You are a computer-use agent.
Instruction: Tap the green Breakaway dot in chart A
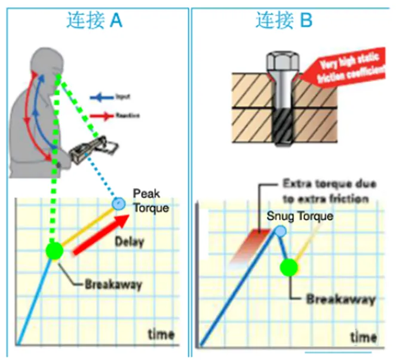pyautogui.click(x=54, y=251)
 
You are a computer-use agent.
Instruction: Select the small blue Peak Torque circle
pyautogui.click(x=119, y=204)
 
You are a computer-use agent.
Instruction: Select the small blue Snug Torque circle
pyautogui.click(x=280, y=230)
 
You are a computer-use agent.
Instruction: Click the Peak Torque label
pyautogui.click(x=149, y=201)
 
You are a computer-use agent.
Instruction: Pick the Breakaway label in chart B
pyautogui.click(x=340, y=298)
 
